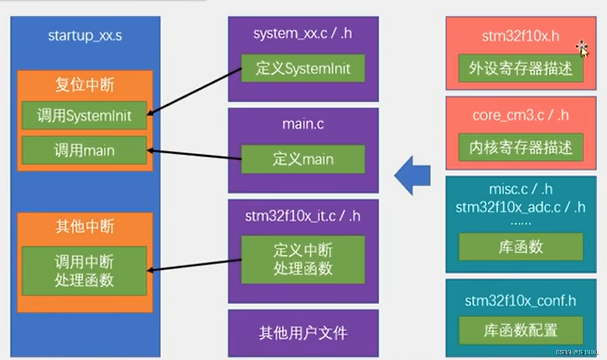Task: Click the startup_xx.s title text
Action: click(x=85, y=36)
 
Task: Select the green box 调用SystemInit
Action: click(x=84, y=116)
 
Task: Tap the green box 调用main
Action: click(x=84, y=151)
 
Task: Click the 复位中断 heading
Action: click(x=85, y=85)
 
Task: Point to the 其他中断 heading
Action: click(x=85, y=226)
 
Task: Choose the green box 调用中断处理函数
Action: click(x=84, y=271)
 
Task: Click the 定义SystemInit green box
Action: click(x=303, y=69)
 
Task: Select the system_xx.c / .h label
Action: click(x=303, y=34)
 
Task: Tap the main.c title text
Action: click(x=303, y=124)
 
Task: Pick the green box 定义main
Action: click(x=303, y=159)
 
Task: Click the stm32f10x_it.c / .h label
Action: click(x=303, y=216)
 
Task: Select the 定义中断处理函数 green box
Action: click(x=303, y=259)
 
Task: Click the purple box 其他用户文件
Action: click(x=303, y=333)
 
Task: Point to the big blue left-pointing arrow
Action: click(x=412, y=175)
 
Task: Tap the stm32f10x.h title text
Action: click(x=520, y=36)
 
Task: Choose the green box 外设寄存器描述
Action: click(x=521, y=69)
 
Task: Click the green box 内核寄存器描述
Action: click(x=521, y=148)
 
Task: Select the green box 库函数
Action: click(x=521, y=247)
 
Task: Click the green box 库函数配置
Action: click(x=521, y=330)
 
